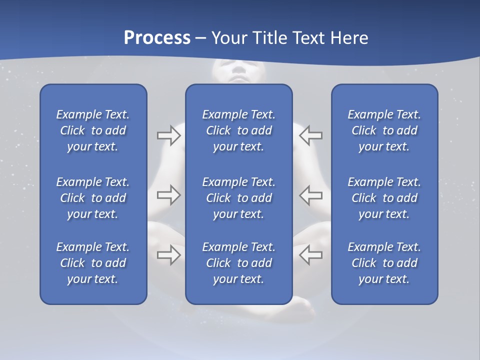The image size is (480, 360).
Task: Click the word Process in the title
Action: (157, 38)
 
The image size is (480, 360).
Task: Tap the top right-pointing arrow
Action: (169, 135)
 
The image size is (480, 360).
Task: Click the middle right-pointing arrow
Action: (169, 195)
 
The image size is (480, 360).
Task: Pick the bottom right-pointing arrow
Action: (169, 254)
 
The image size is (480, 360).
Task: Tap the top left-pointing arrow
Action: (311, 135)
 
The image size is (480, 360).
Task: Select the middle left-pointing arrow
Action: (311, 195)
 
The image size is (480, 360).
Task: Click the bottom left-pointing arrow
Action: (311, 254)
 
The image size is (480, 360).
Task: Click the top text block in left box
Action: (93, 130)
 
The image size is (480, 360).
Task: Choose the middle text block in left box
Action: (93, 198)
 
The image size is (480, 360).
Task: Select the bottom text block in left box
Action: (93, 263)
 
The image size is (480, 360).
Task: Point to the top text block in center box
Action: (238, 130)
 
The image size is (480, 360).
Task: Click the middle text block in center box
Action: (238, 198)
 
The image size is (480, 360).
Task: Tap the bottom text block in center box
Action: (238, 263)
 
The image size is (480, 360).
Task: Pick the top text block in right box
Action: (384, 130)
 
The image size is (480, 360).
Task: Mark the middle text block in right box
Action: (384, 198)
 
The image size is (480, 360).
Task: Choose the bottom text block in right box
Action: (384, 263)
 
